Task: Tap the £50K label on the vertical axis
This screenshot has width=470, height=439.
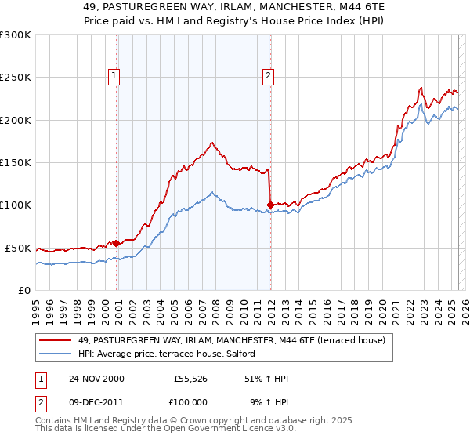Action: (x=18, y=248)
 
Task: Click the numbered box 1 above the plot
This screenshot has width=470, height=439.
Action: (x=114, y=76)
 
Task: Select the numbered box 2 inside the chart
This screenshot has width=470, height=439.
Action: (x=268, y=76)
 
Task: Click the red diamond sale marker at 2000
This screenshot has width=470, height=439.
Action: (x=117, y=243)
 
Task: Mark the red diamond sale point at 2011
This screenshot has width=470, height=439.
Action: (x=270, y=205)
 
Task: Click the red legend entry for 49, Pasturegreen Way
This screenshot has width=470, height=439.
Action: (x=232, y=341)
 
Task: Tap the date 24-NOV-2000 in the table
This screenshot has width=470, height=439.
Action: (x=96, y=379)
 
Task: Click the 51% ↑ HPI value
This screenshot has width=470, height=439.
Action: (x=266, y=379)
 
